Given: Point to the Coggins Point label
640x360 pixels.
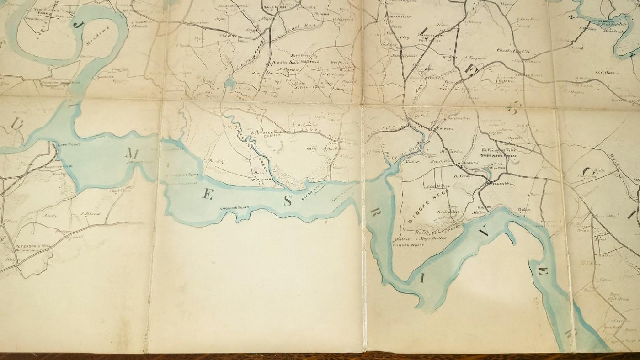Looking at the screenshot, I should coord(234,208).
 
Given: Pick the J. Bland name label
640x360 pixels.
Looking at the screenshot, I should coord(90,213).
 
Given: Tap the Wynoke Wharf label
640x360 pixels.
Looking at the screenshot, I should coord(408,245).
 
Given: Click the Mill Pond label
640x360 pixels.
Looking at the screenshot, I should coord(496,168).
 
